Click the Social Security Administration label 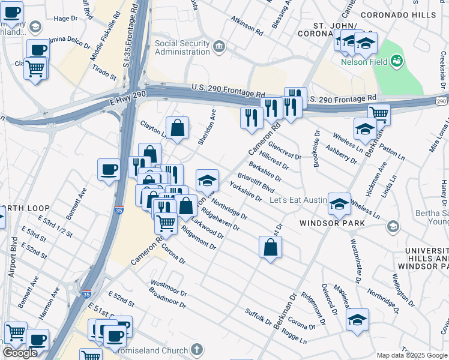[x=182, y=49]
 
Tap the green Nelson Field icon [x=397, y=60]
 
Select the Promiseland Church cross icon [x=196, y=349]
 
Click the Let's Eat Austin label [x=298, y=200]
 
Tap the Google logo [x=20, y=353]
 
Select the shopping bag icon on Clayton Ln [x=177, y=128]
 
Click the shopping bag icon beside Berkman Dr [x=271, y=247]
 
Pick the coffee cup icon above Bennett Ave [x=109, y=169]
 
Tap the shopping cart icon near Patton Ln [x=379, y=114]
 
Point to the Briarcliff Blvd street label [x=256, y=182]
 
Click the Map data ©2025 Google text [x=412, y=355]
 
